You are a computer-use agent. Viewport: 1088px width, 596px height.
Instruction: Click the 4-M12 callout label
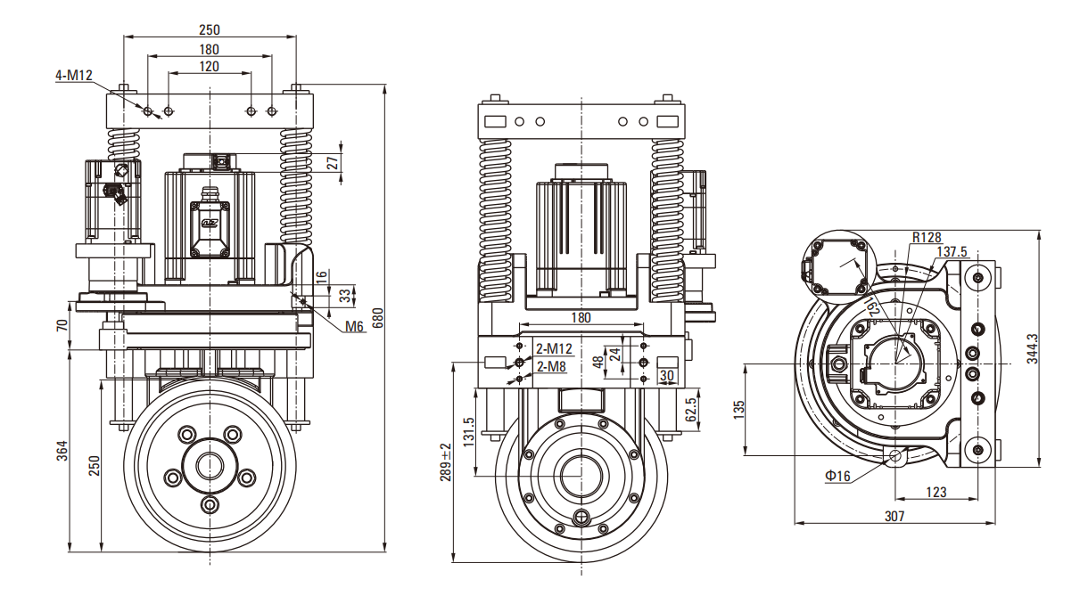(x=74, y=76)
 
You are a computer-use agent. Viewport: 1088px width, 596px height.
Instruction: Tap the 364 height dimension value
(x=62, y=451)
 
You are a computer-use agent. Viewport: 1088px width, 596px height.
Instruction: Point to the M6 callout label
(x=355, y=327)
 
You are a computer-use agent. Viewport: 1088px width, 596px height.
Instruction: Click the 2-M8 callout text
(x=552, y=366)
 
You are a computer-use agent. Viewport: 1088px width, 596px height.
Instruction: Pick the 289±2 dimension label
(x=446, y=461)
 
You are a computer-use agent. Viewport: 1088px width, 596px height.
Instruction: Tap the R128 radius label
(x=927, y=238)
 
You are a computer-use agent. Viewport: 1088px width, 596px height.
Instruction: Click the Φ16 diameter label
(x=837, y=477)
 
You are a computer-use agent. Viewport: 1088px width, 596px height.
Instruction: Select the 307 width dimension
(x=894, y=516)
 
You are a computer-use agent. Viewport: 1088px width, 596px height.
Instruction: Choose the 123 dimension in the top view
(x=936, y=492)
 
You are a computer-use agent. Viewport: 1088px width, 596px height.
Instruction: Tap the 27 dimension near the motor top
(x=334, y=162)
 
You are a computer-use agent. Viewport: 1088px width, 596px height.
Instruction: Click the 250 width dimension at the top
(x=210, y=29)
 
